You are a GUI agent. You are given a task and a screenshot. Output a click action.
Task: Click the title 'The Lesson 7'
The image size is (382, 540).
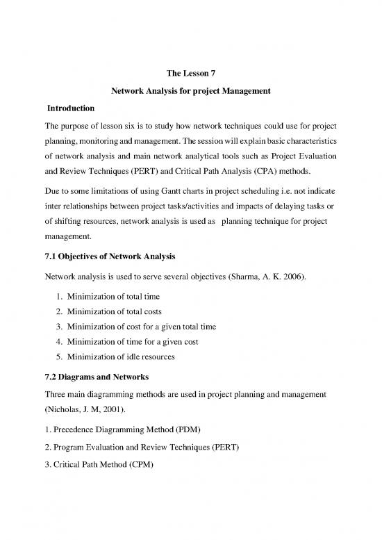coord(190,74)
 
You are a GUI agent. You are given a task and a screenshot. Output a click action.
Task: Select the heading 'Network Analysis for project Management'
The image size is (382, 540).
coord(190,92)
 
